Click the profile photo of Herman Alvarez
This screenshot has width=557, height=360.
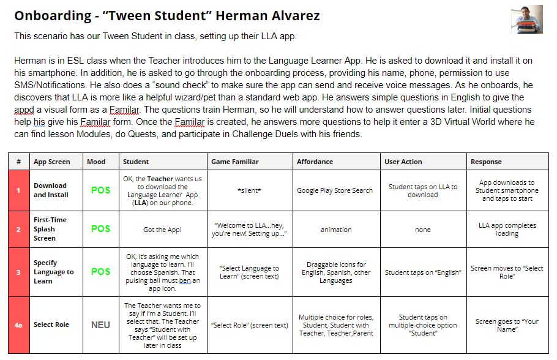(x=526, y=19)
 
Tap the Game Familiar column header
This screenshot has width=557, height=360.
(x=234, y=162)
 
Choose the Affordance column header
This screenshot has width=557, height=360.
(x=315, y=162)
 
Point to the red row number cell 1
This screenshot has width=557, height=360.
(x=18, y=190)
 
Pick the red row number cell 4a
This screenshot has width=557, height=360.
(x=18, y=325)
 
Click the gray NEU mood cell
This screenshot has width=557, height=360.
(x=100, y=325)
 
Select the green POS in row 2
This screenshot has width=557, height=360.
(x=100, y=229)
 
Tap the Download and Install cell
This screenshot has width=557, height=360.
(x=50, y=190)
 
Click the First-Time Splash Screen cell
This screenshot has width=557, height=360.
(x=50, y=229)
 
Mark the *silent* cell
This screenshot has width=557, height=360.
(x=249, y=190)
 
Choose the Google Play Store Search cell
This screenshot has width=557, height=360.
(x=335, y=190)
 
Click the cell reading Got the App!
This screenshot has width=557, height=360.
(x=162, y=229)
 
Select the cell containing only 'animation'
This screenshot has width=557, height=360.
(x=335, y=230)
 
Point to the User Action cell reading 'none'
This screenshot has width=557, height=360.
(x=422, y=230)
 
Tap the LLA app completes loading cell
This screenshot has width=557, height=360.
(x=507, y=229)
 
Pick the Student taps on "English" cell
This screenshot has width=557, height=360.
(x=422, y=272)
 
